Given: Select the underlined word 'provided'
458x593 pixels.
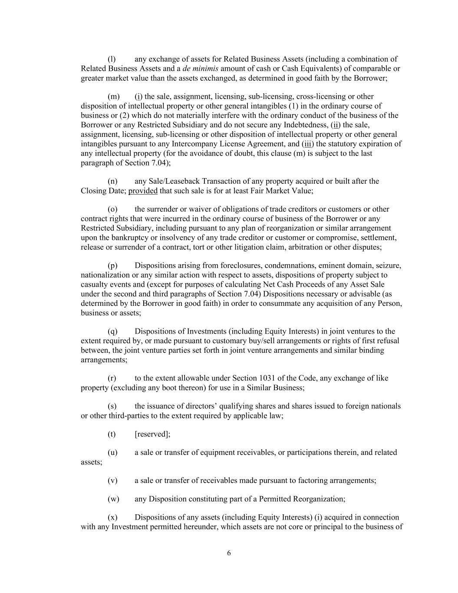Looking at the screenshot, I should [143, 191].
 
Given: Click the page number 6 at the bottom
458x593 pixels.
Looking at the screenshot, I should [229, 553].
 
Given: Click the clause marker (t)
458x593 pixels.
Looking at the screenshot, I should [112, 434].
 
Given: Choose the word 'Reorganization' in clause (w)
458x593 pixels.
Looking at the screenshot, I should [319, 499].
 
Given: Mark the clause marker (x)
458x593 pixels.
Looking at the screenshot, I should [112, 517].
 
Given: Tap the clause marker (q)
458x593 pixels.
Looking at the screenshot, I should [112, 331].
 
